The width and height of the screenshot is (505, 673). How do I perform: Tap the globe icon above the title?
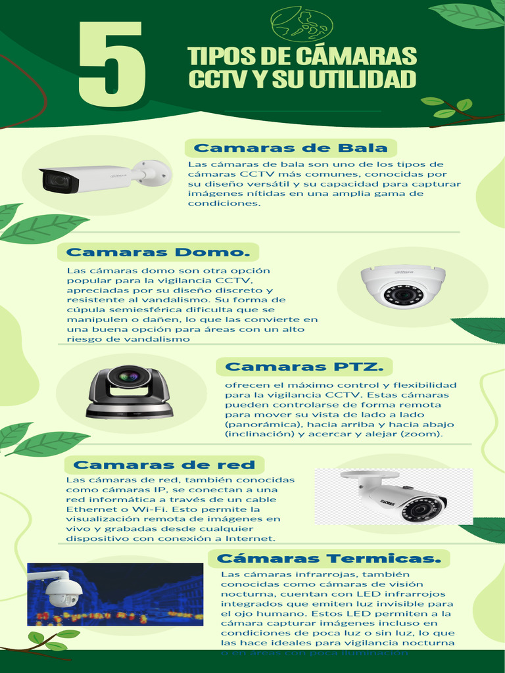pos(302,24)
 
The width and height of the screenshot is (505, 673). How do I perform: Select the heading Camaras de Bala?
pos(291,148)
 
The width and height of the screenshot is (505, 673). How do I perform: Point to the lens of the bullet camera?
pos(59,181)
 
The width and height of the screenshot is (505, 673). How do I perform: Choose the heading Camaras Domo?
pos(158,252)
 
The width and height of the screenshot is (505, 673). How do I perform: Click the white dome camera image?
pos(402,287)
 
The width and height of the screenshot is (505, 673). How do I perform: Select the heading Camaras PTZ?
pos(304,367)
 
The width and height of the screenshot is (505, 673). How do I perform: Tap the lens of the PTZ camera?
pos(129,377)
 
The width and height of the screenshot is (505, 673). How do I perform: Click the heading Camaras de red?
pos(164,465)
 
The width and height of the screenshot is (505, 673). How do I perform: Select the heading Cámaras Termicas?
pos(329,559)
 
